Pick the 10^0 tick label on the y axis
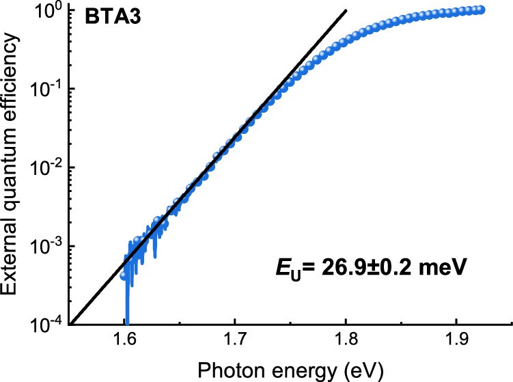[48, 11]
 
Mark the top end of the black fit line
[346, 10]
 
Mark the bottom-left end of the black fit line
[72, 323]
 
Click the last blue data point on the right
[481, 10]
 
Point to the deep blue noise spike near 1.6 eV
[127, 301]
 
